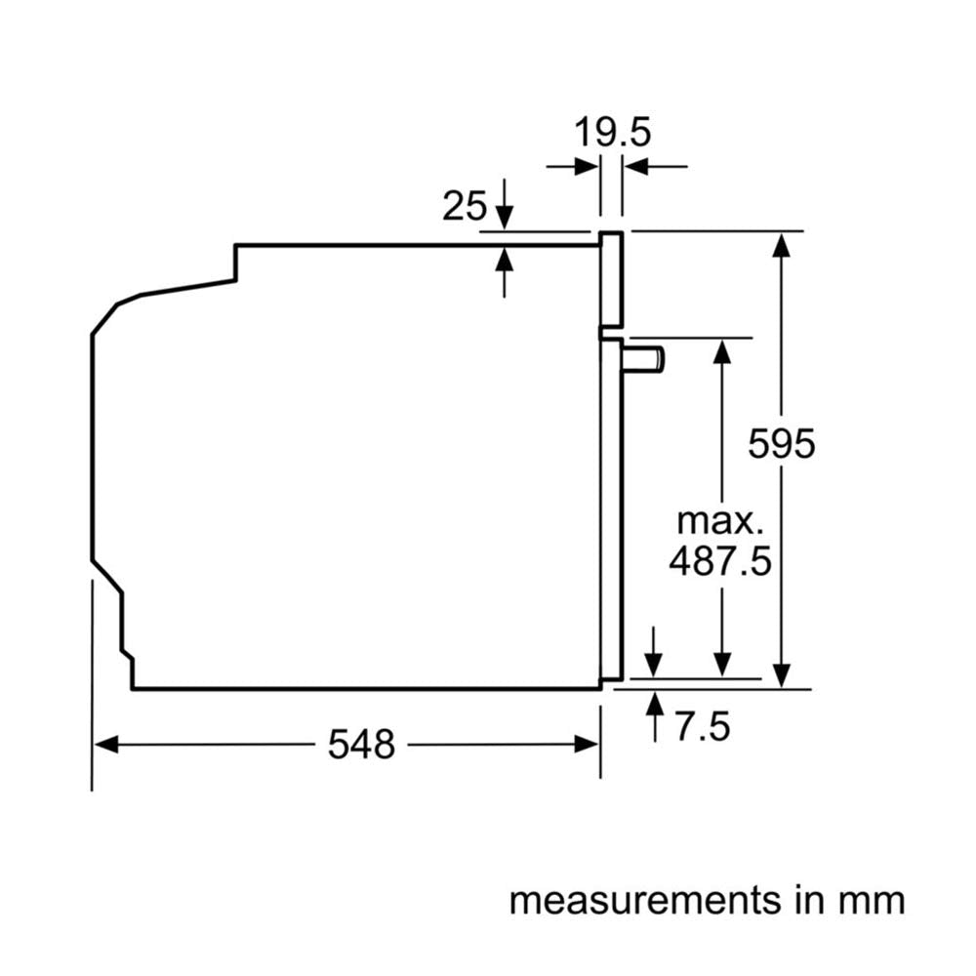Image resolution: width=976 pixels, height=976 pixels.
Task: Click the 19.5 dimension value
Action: [611, 132]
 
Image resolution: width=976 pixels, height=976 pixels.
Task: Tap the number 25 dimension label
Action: [465, 207]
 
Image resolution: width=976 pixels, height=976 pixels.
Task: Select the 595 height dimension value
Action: [781, 444]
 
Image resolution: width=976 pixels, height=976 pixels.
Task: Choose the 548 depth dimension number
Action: [361, 745]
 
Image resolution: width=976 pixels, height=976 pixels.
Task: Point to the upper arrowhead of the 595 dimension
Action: [780, 244]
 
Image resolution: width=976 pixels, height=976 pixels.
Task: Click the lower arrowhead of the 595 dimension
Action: [780, 675]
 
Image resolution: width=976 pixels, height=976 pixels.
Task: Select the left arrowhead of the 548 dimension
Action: [105, 745]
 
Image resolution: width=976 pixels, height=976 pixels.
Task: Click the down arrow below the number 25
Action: [505, 216]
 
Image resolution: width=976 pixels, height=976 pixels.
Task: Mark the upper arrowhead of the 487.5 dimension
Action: [721, 350]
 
